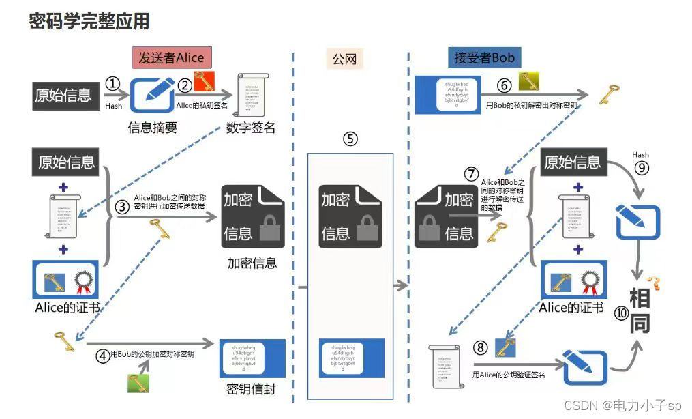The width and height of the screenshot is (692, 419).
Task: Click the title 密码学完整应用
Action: (x=89, y=22)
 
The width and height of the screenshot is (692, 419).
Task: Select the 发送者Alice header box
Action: (x=171, y=58)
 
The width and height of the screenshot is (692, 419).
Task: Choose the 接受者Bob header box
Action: (x=484, y=58)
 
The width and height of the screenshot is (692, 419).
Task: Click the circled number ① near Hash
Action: (x=113, y=84)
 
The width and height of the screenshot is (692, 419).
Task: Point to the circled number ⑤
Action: (x=350, y=139)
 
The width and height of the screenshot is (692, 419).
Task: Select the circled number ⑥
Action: (x=504, y=86)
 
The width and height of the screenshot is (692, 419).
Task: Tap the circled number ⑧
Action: (x=481, y=347)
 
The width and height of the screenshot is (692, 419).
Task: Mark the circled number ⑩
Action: (x=621, y=313)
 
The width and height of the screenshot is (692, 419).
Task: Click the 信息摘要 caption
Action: (x=152, y=128)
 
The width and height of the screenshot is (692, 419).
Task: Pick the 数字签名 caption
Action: (x=251, y=128)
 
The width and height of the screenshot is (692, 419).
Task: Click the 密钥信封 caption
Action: (x=251, y=390)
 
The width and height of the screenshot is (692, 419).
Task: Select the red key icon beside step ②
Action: (x=205, y=82)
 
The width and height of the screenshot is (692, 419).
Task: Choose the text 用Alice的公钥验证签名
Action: (x=509, y=375)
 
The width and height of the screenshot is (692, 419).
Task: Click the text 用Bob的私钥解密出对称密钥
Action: (x=531, y=106)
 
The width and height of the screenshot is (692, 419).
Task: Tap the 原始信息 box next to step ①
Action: (x=63, y=95)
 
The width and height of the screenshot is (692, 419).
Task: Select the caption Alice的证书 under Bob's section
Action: (x=571, y=308)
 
